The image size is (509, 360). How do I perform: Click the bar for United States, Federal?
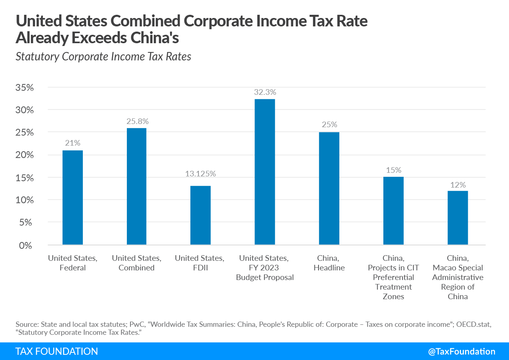(72, 198)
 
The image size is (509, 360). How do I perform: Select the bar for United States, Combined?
(136, 186)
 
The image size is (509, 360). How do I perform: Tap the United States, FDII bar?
(200, 215)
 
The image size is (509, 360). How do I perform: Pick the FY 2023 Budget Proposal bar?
(265, 172)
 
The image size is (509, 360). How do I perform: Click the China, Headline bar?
(329, 188)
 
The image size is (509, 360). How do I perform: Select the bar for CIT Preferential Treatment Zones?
(393, 211)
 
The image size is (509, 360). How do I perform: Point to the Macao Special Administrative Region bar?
(458, 218)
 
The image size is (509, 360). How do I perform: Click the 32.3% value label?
(265, 92)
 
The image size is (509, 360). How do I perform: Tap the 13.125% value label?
(200, 174)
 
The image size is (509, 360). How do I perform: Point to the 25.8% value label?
(136, 121)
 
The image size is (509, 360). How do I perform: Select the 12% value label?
(458, 185)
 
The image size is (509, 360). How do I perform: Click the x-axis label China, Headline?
(329, 263)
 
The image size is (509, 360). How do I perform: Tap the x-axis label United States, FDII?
(200, 263)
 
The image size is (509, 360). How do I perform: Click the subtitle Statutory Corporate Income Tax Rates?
(103, 56)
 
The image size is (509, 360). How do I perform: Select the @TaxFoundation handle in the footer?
(461, 351)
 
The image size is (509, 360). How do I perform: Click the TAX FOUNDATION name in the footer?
(56, 351)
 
